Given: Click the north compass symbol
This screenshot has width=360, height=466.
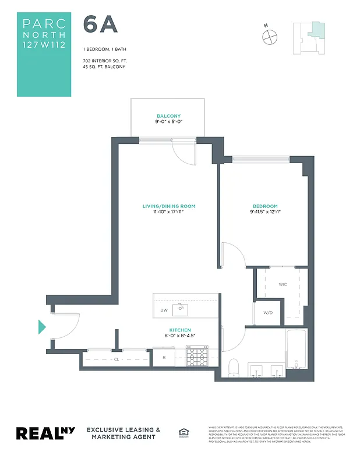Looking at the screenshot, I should [x=270, y=36].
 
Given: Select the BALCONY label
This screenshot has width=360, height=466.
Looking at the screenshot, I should [x=168, y=116].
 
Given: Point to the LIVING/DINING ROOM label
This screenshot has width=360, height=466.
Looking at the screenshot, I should [x=168, y=206].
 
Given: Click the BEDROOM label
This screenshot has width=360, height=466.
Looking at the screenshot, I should [x=265, y=206].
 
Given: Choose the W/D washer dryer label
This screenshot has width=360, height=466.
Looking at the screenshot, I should [x=268, y=313].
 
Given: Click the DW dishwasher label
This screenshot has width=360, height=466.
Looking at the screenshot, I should [x=164, y=310].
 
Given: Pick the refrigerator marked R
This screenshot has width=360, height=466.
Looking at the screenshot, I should [x=164, y=358].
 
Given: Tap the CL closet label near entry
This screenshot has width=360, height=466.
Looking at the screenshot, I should [x=117, y=359].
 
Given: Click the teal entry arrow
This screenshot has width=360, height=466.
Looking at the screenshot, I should [x=42, y=327].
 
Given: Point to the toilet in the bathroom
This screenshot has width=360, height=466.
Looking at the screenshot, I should [x=234, y=367].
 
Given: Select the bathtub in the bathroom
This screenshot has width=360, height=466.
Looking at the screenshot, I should [x=296, y=349].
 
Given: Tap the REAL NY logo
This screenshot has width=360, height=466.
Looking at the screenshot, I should [x=45, y=433].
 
